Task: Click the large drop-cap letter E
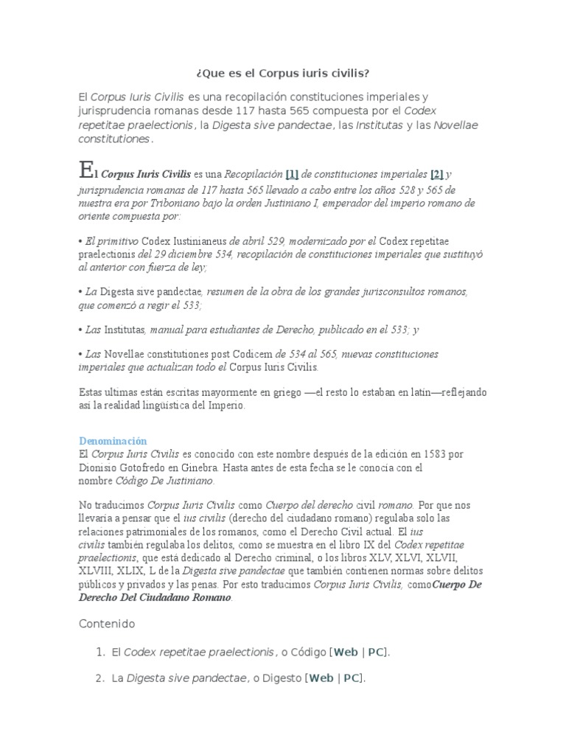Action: tap(87, 171)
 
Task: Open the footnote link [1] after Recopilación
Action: tap(292, 175)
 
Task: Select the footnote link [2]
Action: tap(437, 175)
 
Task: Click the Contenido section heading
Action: tap(107, 624)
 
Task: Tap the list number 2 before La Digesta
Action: tap(99, 678)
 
